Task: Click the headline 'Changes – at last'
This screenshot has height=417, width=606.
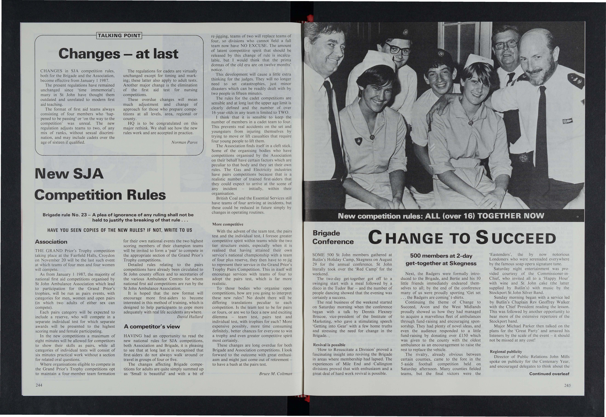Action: click(118, 54)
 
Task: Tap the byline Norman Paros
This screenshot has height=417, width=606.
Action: click(184, 142)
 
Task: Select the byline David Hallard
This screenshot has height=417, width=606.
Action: click(190, 317)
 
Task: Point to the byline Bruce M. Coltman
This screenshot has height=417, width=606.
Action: click(275, 374)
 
